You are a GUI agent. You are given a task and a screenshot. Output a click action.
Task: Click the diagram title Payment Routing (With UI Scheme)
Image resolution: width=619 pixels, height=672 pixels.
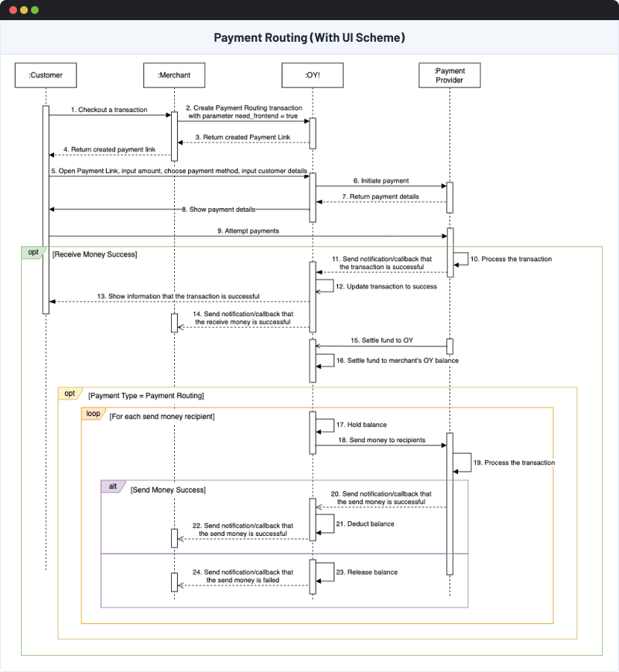click(x=309, y=38)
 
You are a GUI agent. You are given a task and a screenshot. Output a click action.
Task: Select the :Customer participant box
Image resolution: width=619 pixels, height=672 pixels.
click(x=46, y=75)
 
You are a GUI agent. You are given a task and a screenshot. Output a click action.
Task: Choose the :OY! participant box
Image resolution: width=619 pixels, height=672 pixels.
click(x=313, y=75)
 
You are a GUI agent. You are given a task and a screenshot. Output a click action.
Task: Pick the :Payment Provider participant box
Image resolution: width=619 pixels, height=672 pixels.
click(x=450, y=75)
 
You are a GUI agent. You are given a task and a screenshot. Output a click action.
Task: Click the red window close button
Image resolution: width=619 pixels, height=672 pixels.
click(x=12, y=10)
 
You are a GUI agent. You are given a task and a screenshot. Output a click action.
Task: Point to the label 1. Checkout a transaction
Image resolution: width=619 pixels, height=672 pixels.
click(x=108, y=110)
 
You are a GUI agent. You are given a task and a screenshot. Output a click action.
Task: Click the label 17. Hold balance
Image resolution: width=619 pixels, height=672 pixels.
click(x=361, y=425)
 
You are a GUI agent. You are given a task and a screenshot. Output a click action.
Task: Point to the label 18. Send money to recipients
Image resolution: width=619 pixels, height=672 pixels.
click(x=380, y=439)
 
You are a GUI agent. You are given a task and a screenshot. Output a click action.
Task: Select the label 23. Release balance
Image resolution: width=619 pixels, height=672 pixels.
click(x=367, y=572)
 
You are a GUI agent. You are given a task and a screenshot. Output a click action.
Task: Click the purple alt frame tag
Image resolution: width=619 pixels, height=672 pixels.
click(x=112, y=486)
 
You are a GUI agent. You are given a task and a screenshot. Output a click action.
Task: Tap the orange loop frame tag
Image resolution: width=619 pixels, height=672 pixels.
click(x=92, y=414)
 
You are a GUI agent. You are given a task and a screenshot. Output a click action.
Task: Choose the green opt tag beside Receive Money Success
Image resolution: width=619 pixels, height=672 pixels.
click(x=33, y=252)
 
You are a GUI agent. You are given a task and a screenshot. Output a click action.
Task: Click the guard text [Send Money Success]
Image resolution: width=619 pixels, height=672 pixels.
click(x=168, y=490)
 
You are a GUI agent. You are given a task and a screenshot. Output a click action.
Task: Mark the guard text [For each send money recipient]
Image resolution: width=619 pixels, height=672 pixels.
click(x=162, y=417)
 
